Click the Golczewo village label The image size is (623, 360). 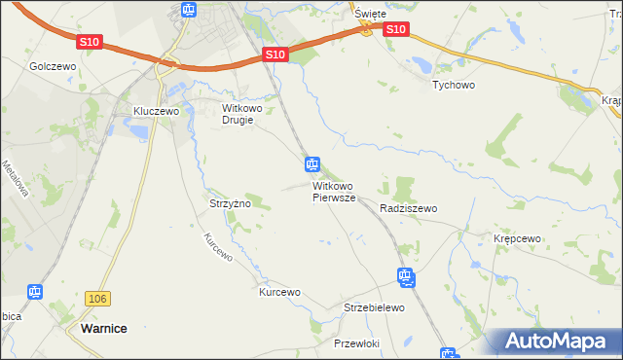pyautogui.click(x=53, y=66)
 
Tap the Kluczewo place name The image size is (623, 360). pyautogui.click(x=157, y=112)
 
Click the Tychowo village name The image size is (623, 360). pyautogui.click(x=453, y=84)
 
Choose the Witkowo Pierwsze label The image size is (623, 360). pyautogui.click(x=335, y=192)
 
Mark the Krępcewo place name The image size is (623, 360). pyautogui.click(x=516, y=238)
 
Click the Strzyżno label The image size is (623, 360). pyautogui.click(x=231, y=204)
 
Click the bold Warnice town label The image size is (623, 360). pyautogui.click(x=101, y=329)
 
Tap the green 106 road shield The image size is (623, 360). pyautogui.click(x=95, y=299)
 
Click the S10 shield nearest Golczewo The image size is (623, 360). pyautogui.click(x=90, y=42)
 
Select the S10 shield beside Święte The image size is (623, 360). pyautogui.click(x=394, y=30)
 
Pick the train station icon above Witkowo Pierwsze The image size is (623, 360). pyautogui.click(x=311, y=163)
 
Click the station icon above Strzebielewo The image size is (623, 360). pyautogui.click(x=406, y=277)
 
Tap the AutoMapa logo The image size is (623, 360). pyautogui.click(x=556, y=342)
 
